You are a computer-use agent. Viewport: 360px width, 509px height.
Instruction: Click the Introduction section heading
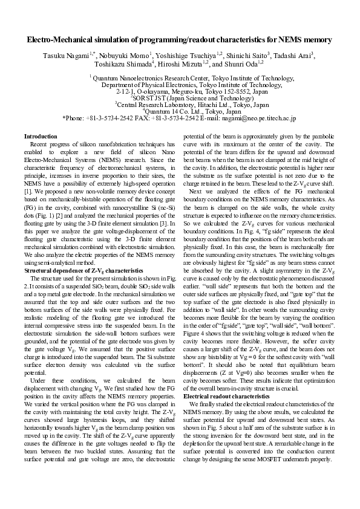[x=41, y=137]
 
